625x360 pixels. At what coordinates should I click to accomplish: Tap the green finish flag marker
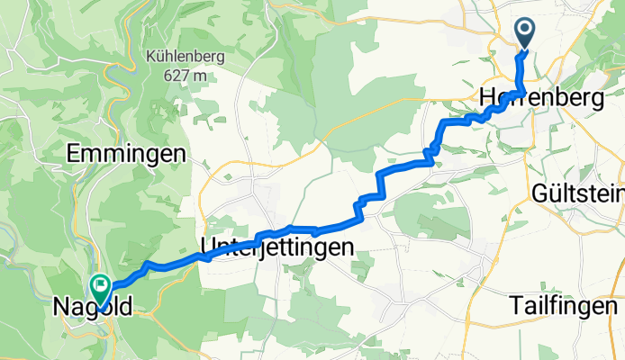(98, 288)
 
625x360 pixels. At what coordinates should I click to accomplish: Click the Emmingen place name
(127, 154)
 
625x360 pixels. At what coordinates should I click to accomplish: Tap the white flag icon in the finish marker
(98, 285)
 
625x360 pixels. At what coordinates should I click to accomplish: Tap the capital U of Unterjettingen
(205, 246)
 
